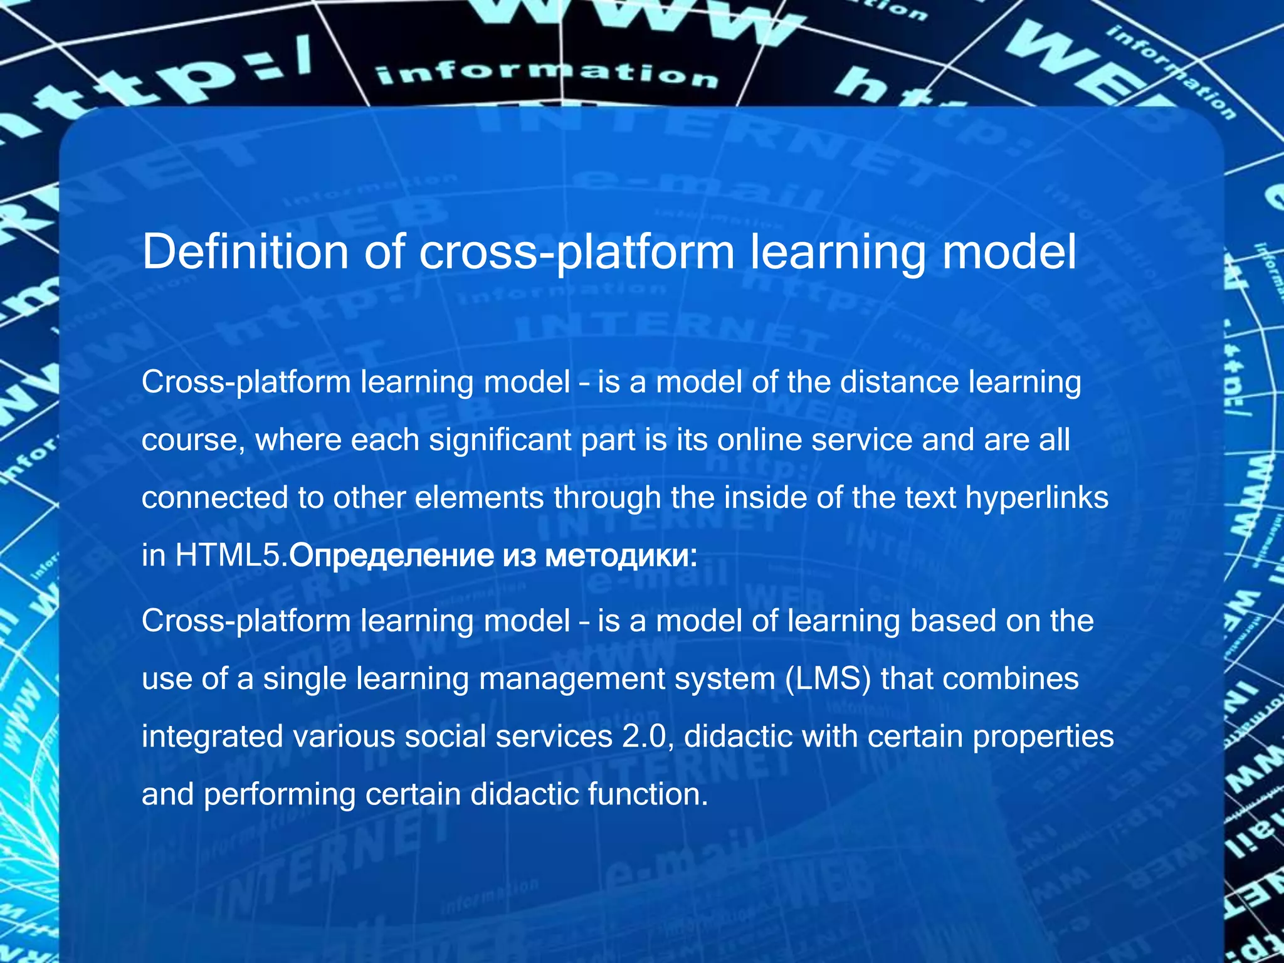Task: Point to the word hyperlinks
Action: click(1037, 497)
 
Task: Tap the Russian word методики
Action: click(621, 555)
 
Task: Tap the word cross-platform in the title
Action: click(576, 253)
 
